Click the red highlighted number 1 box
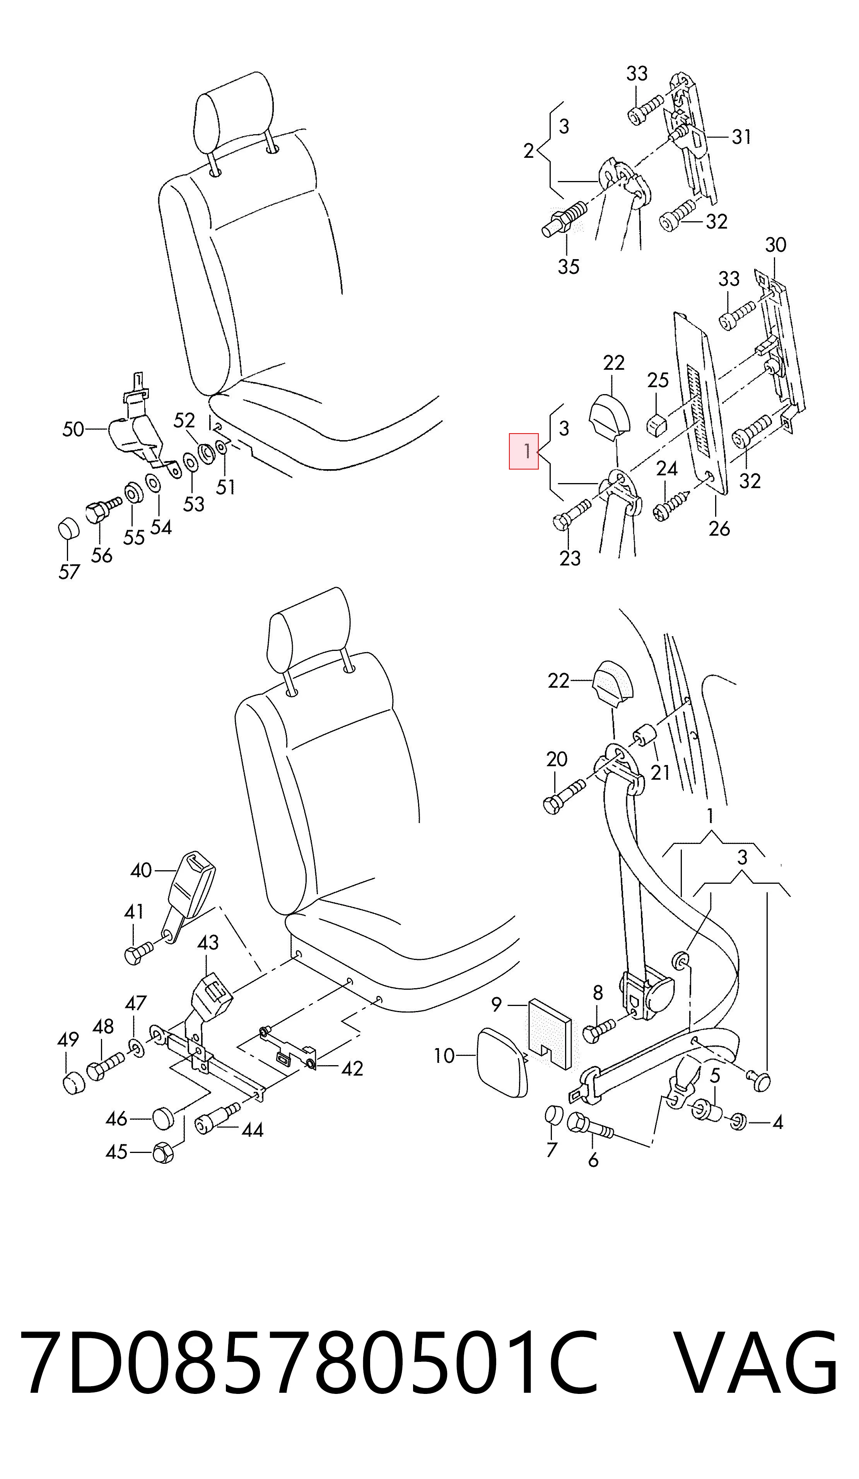coord(523,451)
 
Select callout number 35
coord(569,266)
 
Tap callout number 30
coord(775,245)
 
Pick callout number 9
coord(496,1005)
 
